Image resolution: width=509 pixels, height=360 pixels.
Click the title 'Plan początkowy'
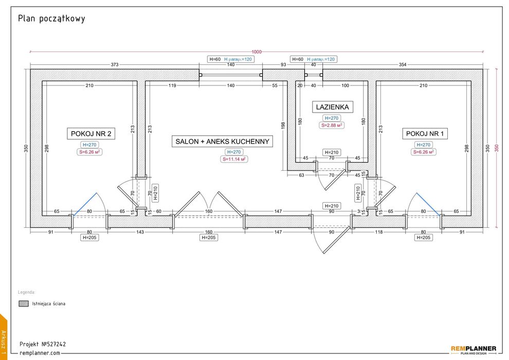point(51,19)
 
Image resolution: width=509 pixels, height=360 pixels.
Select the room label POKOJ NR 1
point(427,134)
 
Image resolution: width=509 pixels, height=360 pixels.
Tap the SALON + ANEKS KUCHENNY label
point(222,141)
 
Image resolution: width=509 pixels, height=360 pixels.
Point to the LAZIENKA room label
point(332,107)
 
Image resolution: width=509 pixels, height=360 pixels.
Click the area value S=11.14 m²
point(234,159)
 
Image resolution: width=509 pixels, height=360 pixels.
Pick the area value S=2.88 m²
point(332,125)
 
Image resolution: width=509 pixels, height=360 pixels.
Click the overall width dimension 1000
point(256,51)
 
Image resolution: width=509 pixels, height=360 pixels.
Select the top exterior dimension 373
point(115,65)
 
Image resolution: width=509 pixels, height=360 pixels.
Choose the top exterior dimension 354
point(402,65)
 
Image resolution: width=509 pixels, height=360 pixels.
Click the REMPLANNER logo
point(473,349)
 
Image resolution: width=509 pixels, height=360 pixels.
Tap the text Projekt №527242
point(43,344)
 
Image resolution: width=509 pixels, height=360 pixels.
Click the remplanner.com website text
point(40,353)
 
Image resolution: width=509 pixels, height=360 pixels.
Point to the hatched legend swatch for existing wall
point(23,303)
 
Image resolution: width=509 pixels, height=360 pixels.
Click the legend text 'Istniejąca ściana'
point(48,303)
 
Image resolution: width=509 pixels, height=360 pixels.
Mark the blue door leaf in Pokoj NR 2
point(84,204)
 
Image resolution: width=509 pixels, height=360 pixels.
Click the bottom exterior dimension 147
point(278,232)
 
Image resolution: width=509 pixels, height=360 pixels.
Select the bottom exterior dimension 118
point(379,232)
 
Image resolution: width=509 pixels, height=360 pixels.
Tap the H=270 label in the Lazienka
point(332,118)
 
